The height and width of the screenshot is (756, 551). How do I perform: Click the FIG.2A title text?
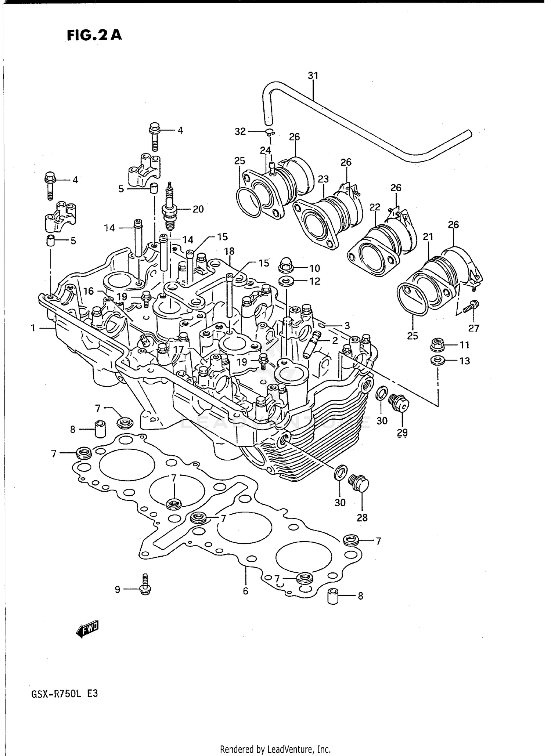[x=94, y=35]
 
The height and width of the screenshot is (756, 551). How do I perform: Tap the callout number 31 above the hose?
[x=313, y=76]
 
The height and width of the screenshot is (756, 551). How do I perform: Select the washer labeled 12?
[x=285, y=282]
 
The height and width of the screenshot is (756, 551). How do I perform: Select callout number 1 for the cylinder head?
[x=33, y=328]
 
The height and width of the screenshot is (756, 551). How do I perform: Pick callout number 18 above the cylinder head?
[x=229, y=252]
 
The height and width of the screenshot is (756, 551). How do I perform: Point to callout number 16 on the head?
[x=88, y=291]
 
